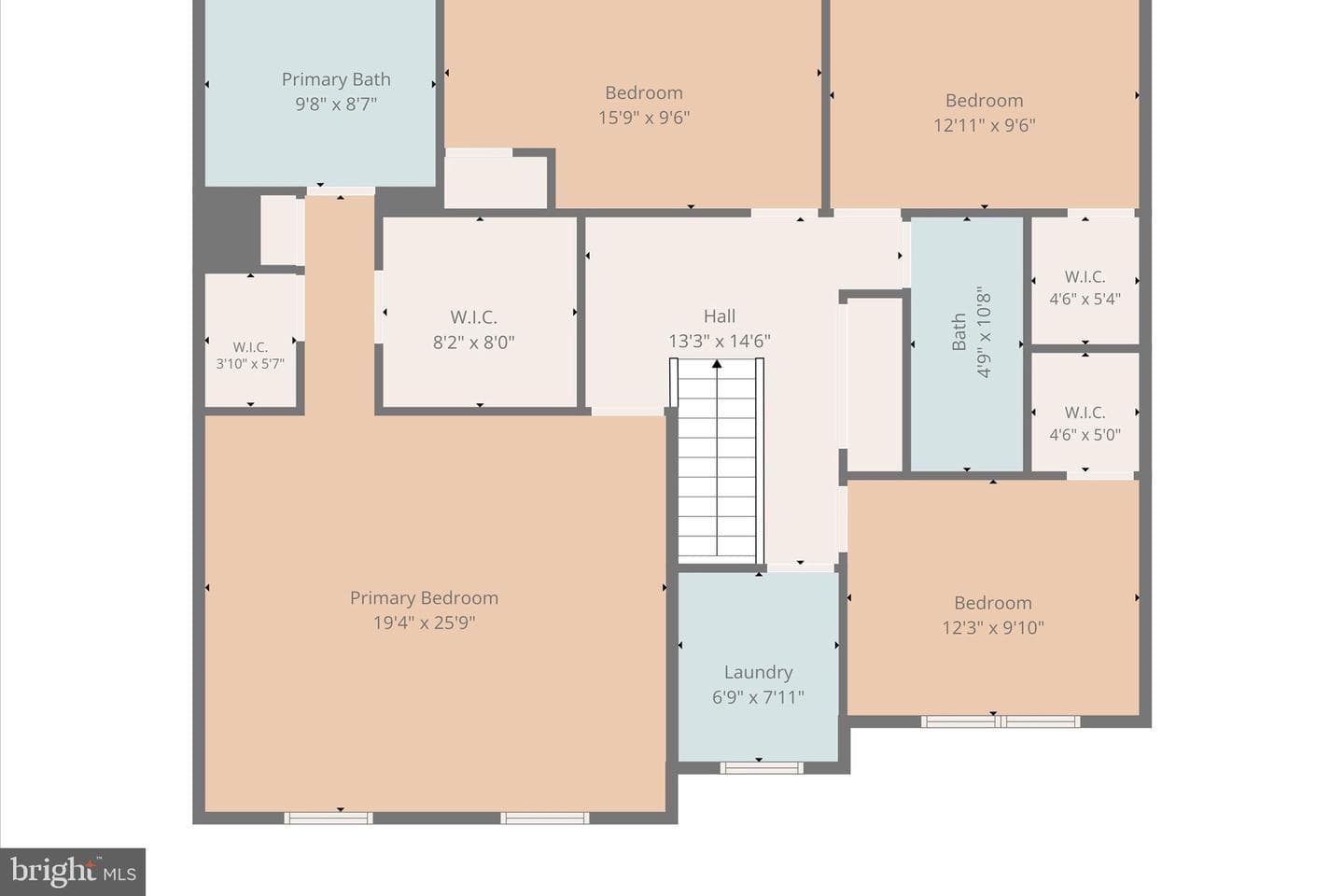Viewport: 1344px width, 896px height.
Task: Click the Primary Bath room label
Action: pos(336,79)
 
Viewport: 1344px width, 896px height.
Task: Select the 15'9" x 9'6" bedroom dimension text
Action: pos(644,117)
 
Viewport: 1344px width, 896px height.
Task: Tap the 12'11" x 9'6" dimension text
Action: pos(984,125)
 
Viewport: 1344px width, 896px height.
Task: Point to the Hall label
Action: pos(720,315)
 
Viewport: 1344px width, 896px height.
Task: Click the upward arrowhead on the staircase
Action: pos(717,364)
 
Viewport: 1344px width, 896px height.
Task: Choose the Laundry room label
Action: pos(759,672)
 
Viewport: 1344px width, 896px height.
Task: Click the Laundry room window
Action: pos(762,767)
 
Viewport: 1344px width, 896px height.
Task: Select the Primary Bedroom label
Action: pos(424,597)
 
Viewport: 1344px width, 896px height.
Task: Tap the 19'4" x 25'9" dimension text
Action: pos(424,623)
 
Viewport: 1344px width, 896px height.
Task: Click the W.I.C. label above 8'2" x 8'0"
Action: pos(473,317)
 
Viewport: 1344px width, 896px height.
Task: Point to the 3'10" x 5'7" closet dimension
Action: pos(250,363)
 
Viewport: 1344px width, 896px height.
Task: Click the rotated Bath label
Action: pos(959,331)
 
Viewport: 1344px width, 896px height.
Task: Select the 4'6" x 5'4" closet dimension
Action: pos(1085,299)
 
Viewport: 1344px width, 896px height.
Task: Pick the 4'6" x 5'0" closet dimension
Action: pos(1085,435)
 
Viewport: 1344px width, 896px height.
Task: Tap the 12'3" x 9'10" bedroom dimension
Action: pos(993,627)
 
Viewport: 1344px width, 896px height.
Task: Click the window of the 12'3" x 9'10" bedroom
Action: pos(1001,721)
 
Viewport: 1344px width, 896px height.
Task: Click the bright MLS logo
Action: pos(73,872)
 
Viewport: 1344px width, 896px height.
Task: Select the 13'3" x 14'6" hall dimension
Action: pos(720,341)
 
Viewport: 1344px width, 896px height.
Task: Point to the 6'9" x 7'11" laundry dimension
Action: pos(759,697)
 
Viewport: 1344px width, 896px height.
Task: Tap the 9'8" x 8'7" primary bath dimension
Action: pos(336,104)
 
